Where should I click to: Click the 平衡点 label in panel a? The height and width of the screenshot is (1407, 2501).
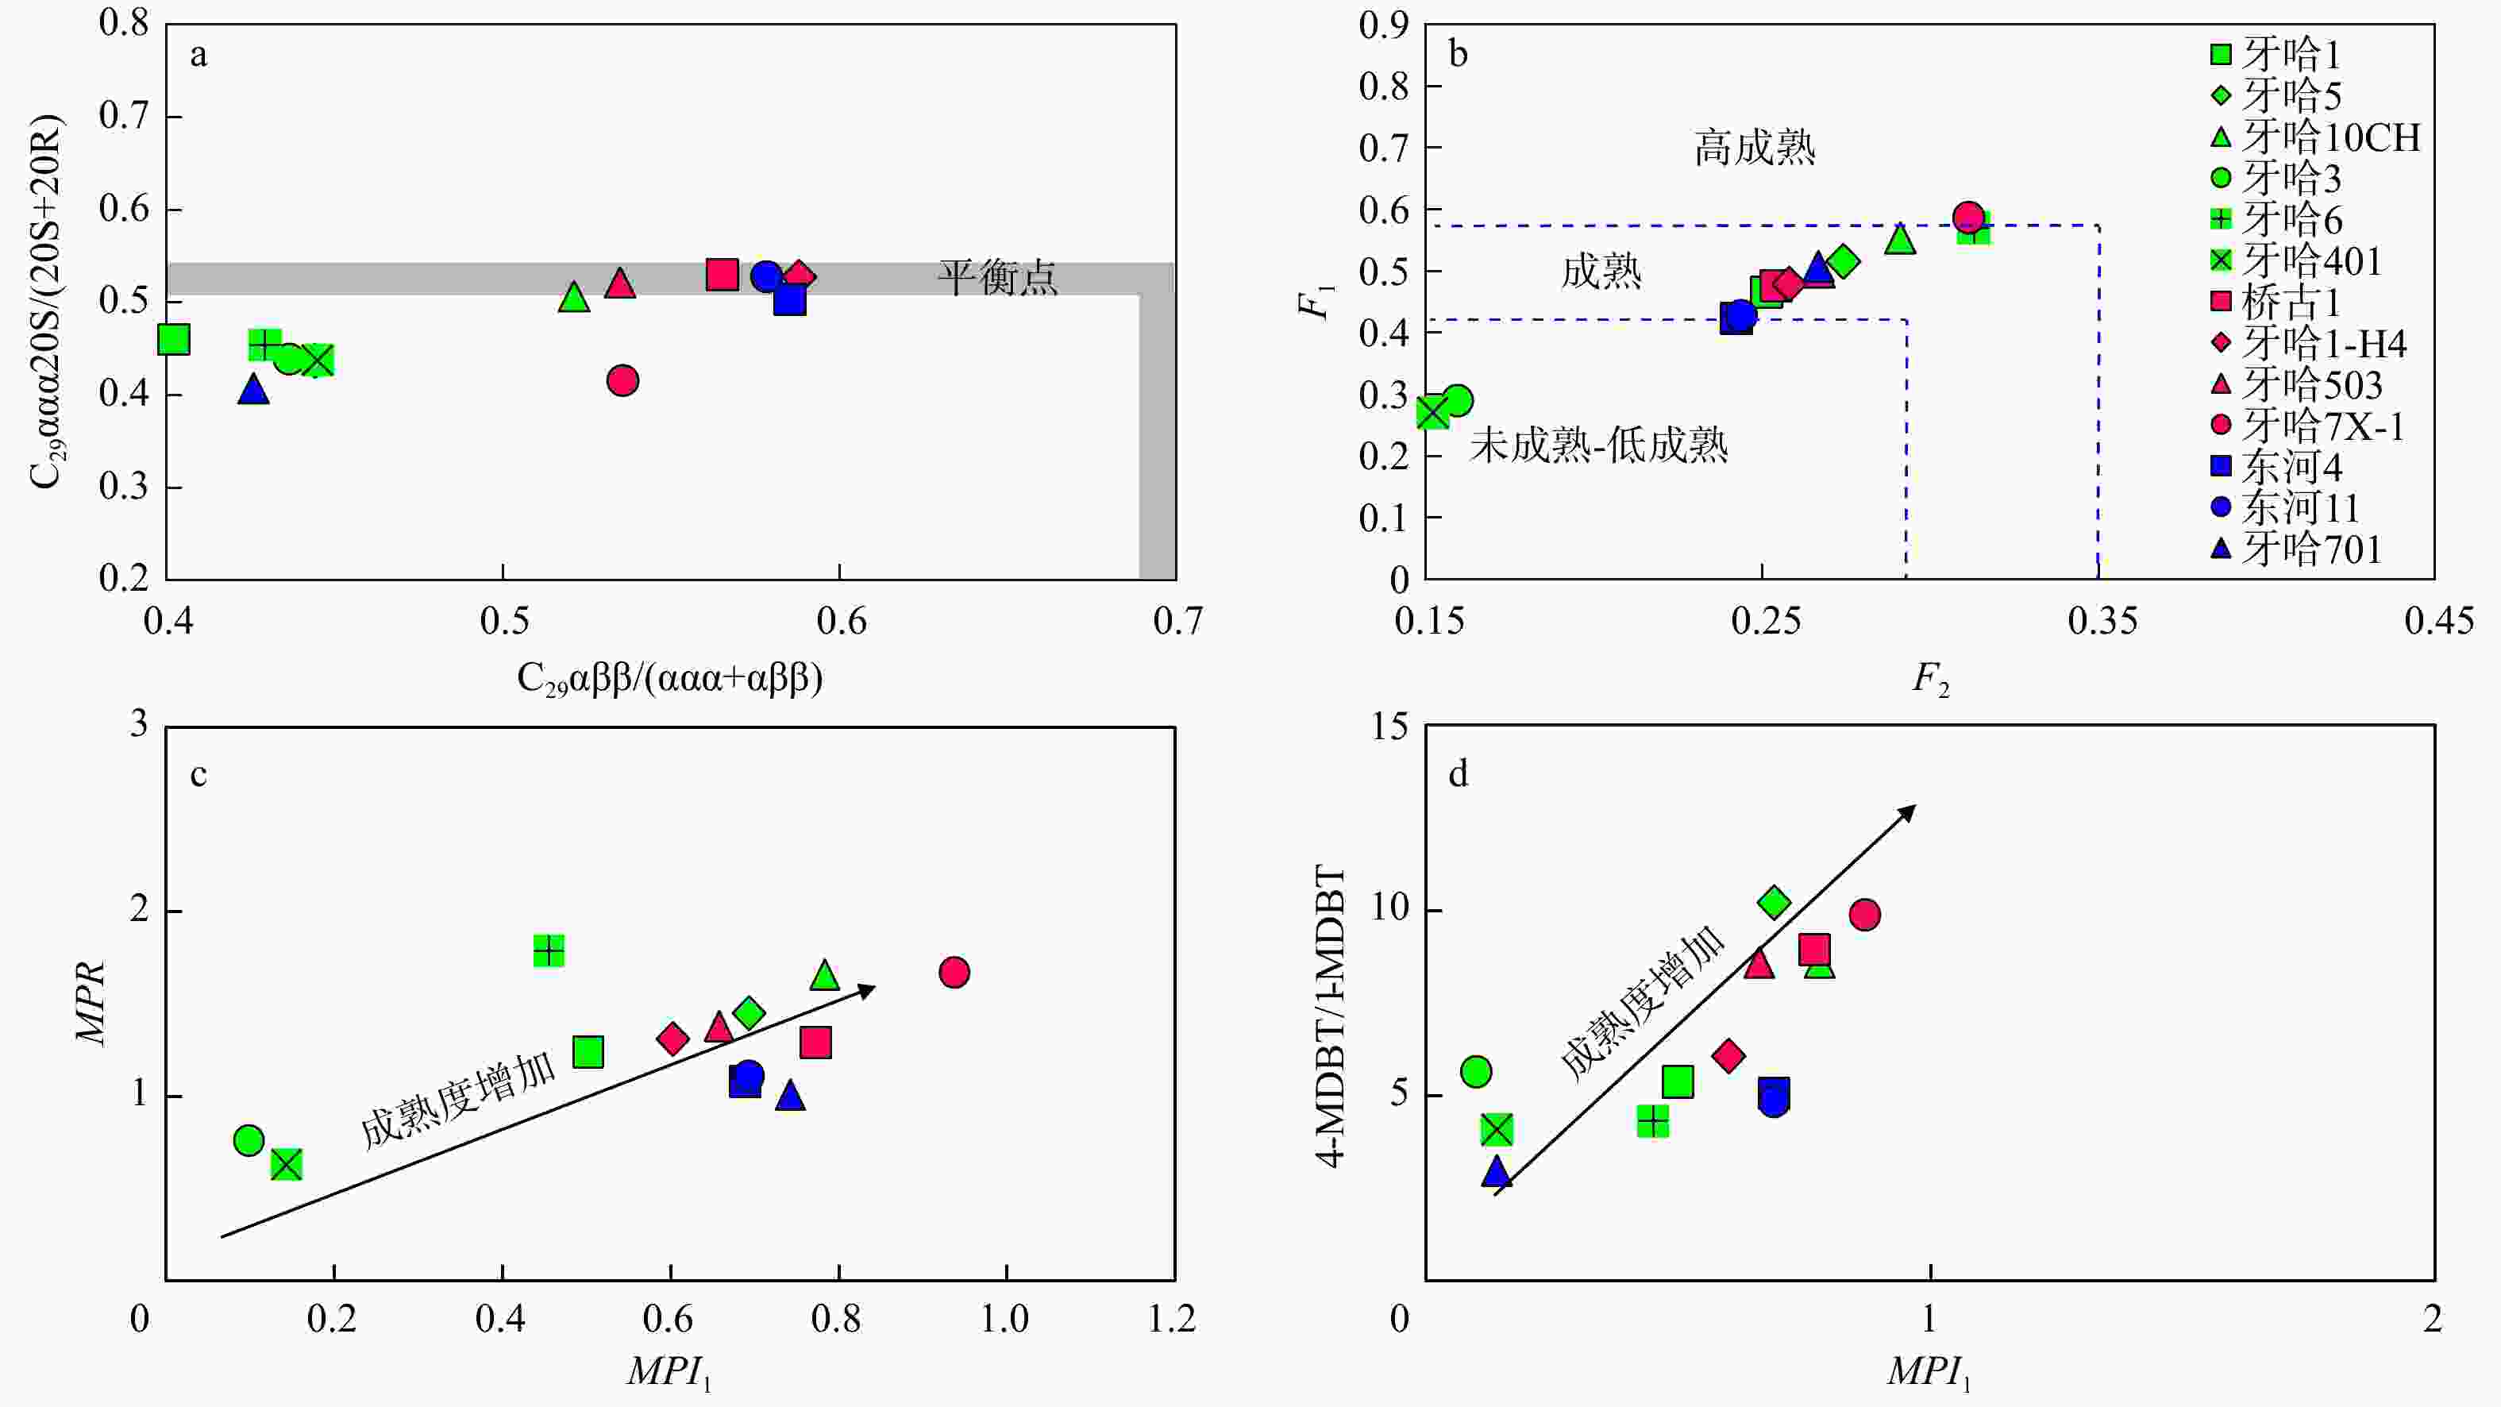[997, 278]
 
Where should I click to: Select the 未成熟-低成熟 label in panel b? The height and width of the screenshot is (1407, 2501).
[1598, 445]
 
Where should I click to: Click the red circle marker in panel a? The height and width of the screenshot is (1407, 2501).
[622, 380]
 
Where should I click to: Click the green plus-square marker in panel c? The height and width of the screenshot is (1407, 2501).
[549, 950]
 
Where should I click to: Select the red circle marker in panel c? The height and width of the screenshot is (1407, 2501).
[954, 972]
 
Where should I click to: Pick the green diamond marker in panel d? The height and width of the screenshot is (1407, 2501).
[1774, 903]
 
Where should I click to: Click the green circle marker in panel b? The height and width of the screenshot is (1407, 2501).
[1457, 400]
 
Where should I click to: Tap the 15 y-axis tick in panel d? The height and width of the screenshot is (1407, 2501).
[1390, 727]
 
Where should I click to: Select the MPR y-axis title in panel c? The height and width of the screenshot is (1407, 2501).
[91, 1003]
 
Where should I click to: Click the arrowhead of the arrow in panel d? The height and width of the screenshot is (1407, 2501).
[1909, 810]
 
